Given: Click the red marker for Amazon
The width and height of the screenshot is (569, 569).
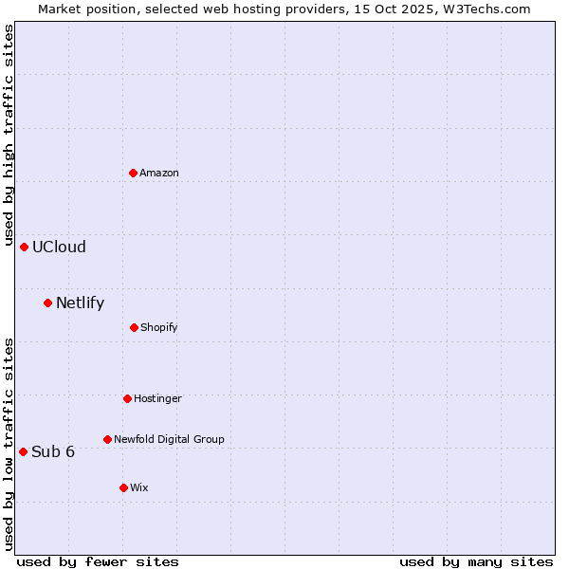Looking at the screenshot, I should (x=133, y=173).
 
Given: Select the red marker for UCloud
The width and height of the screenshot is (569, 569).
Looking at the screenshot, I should (x=24, y=247).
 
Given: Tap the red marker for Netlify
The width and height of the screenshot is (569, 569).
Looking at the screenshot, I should (x=47, y=303).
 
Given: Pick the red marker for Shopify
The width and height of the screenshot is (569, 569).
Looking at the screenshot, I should (x=134, y=327).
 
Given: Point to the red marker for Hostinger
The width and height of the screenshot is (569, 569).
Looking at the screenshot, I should (x=127, y=398).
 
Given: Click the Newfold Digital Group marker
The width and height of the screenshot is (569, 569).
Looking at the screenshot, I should (x=107, y=439).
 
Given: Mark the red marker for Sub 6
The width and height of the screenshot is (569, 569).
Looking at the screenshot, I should (x=23, y=451).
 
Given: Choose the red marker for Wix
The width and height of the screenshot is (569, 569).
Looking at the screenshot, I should (x=123, y=487).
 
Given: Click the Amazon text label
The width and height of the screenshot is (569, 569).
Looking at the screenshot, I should (x=159, y=173).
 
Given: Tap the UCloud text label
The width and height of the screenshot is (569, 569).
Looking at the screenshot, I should (x=59, y=247).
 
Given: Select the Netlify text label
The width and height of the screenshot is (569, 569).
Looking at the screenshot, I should (x=80, y=303).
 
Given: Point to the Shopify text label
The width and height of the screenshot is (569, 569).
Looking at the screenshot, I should (x=159, y=327).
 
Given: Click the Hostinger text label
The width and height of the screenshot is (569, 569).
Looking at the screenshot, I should (x=157, y=398).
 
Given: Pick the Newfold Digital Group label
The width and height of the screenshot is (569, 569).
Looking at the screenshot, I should (x=169, y=439).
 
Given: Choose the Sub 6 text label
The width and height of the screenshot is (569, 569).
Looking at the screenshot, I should (x=53, y=451).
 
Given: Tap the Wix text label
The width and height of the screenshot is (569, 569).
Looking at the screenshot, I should (x=139, y=487).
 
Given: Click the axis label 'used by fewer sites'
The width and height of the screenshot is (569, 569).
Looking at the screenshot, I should (x=98, y=561).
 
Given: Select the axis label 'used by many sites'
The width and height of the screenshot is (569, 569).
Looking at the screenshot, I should (x=476, y=561).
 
